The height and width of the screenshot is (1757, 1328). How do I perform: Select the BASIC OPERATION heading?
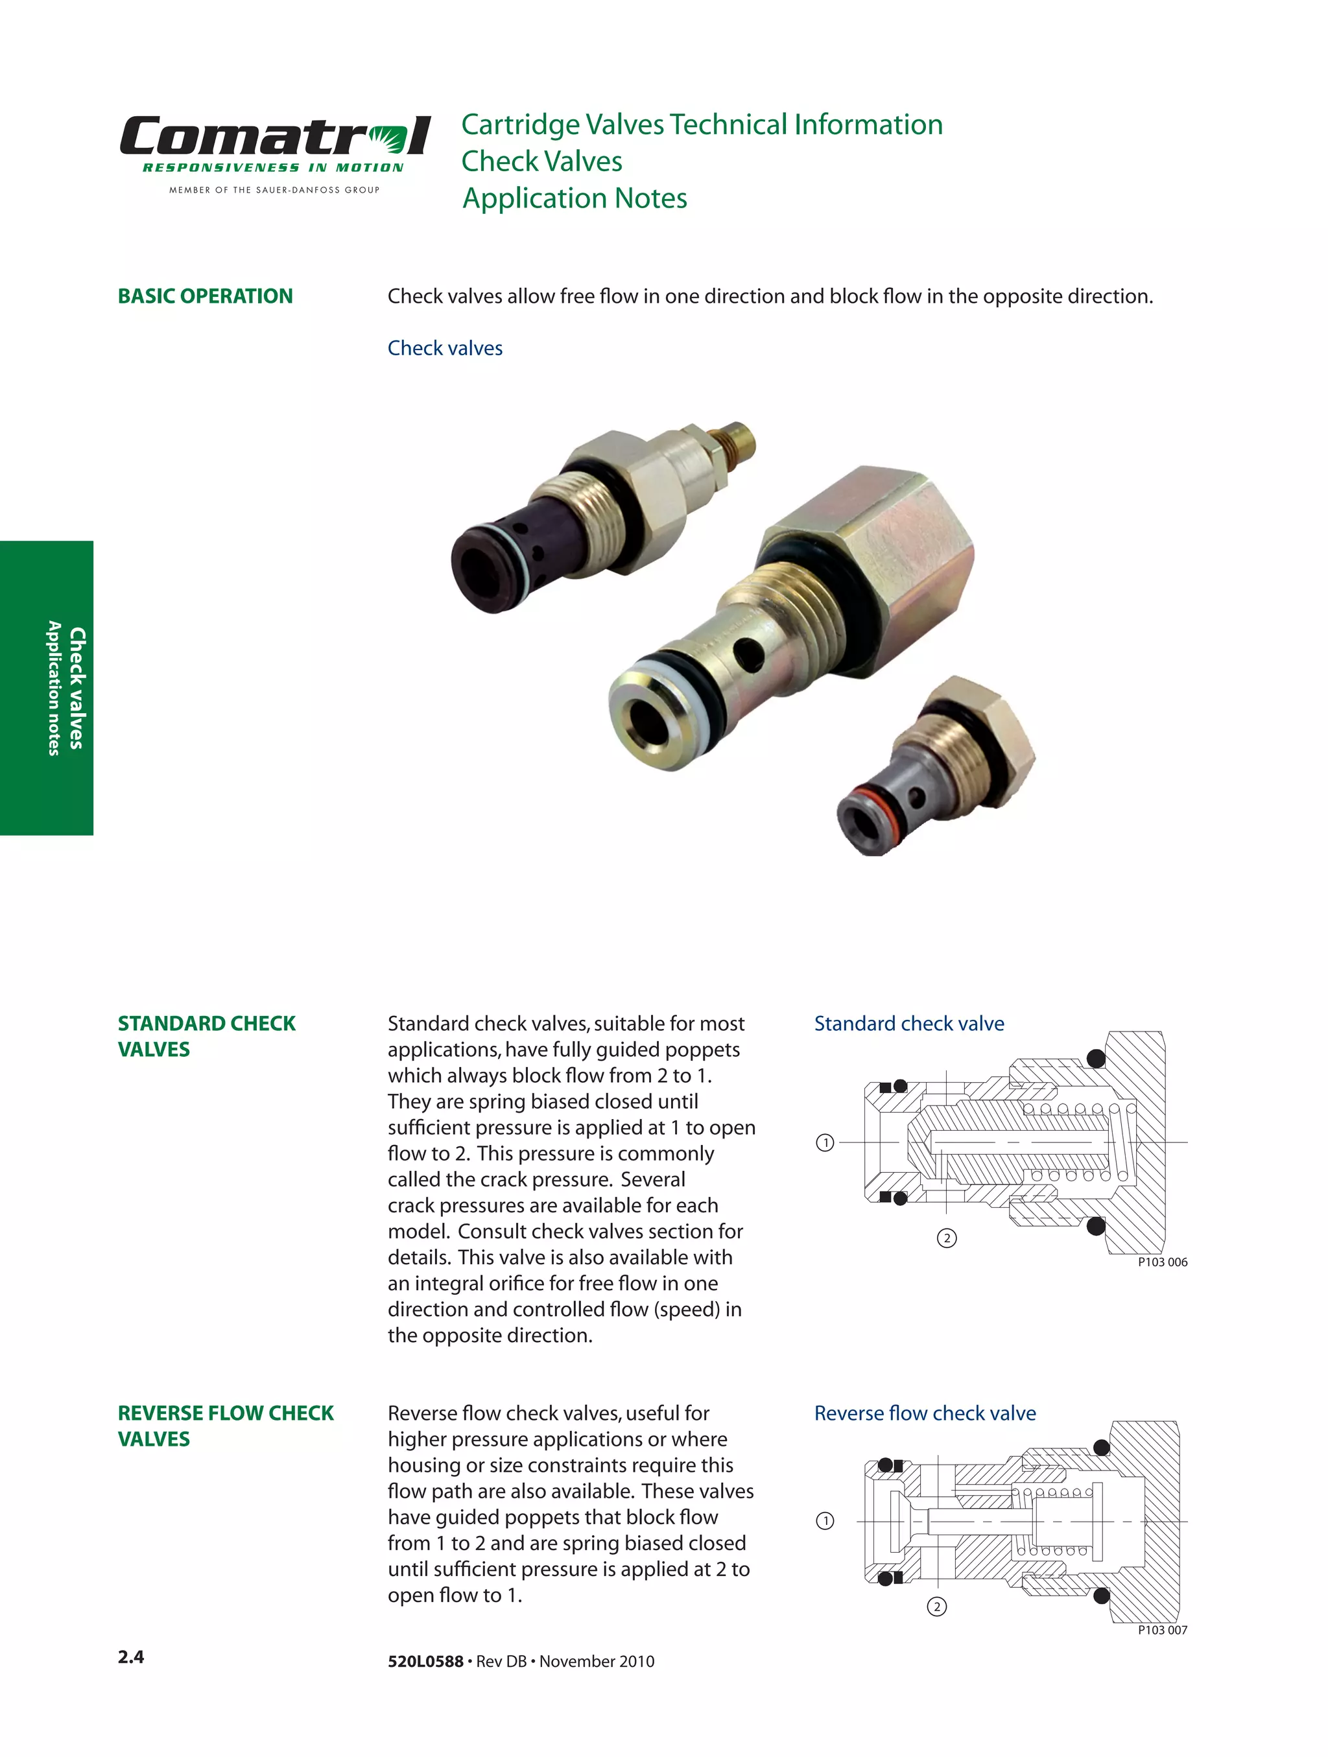(205, 296)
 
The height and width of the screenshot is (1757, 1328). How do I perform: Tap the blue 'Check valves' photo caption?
(445, 348)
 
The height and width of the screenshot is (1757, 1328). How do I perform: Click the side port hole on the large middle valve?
(749, 653)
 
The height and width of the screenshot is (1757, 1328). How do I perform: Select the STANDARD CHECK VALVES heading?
(206, 1036)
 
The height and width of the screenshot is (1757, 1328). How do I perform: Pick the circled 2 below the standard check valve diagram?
(946, 1238)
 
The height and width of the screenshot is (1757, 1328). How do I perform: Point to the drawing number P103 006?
(1162, 1262)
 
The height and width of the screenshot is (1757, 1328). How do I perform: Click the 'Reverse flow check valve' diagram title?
(925, 1413)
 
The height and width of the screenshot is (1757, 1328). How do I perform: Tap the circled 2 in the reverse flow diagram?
(936, 1607)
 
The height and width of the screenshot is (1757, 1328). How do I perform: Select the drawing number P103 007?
(1162, 1630)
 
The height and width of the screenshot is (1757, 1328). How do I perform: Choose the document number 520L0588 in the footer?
(425, 1662)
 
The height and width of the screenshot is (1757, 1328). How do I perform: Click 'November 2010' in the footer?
(597, 1662)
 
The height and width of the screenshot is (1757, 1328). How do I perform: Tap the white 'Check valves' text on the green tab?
(77, 688)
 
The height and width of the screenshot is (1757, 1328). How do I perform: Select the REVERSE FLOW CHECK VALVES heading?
(226, 1426)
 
